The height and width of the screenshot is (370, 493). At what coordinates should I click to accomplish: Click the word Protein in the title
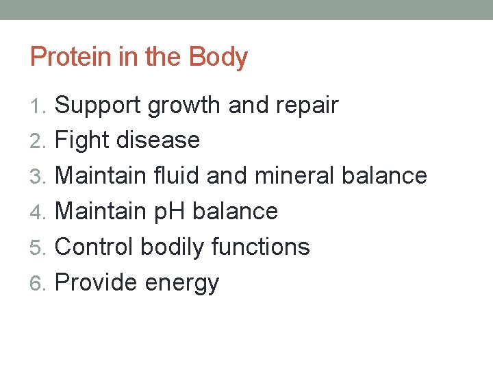coord(71,57)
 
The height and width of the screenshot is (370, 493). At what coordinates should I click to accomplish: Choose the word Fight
coord(81,141)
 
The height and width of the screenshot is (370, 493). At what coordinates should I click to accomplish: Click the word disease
coord(158,140)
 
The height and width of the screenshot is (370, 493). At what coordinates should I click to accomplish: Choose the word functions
coord(261,247)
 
